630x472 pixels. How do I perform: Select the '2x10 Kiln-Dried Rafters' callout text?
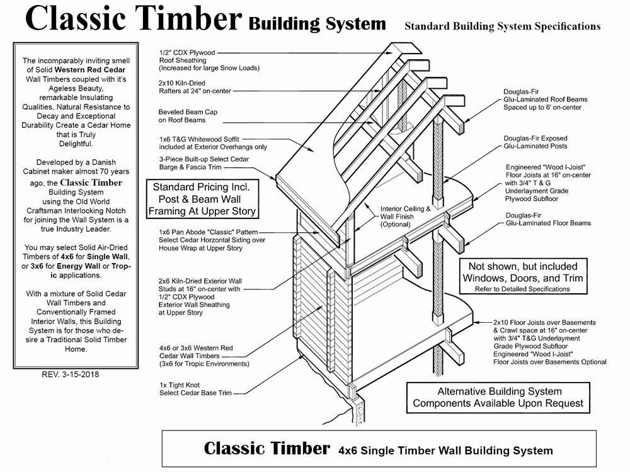tap(195, 87)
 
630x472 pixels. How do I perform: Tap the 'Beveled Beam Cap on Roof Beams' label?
tap(189, 115)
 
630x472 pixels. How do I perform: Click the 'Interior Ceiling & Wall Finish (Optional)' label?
tap(405, 216)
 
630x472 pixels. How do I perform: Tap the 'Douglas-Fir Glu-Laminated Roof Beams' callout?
tap(545, 99)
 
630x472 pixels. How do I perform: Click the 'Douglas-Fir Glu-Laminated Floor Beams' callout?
tap(539, 219)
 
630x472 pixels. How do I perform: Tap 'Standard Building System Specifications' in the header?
tap(502, 26)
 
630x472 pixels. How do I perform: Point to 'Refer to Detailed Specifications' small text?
tap(522, 289)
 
